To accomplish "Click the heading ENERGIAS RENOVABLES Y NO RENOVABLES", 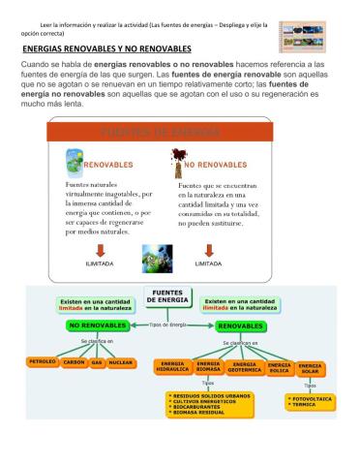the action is pyautogui.click(x=106, y=47).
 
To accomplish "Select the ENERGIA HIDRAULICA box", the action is pyautogui.click(x=173, y=366).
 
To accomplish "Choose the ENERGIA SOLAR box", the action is pyautogui.click(x=311, y=366).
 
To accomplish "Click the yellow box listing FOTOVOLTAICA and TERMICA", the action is pyautogui.click(x=310, y=401).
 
